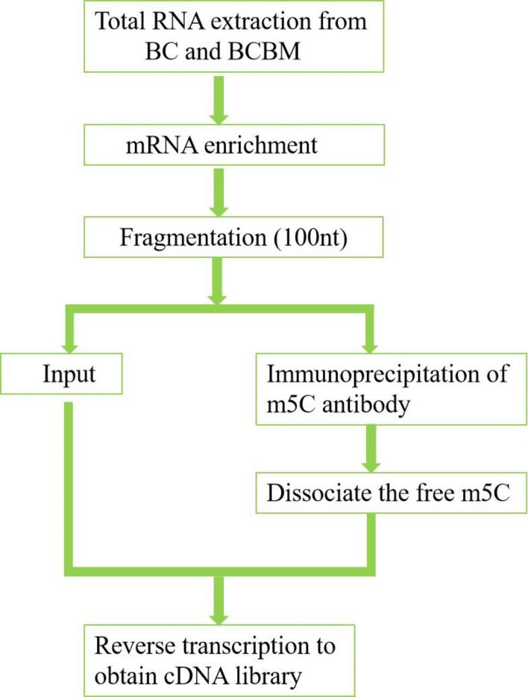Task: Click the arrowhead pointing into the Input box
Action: (x=69, y=342)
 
